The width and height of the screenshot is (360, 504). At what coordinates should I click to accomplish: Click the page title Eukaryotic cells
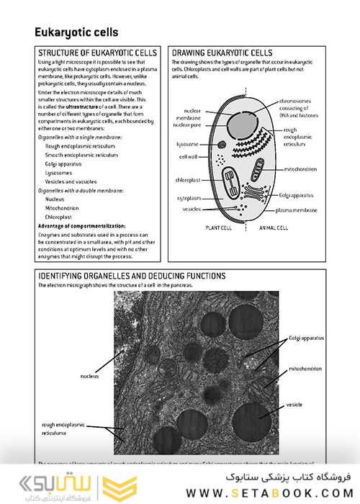76,32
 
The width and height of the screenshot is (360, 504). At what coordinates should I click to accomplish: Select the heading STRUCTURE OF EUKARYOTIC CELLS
96,53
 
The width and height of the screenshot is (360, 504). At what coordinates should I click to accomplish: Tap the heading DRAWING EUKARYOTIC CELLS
222,53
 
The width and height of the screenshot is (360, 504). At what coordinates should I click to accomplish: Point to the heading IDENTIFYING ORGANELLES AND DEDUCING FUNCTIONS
131,276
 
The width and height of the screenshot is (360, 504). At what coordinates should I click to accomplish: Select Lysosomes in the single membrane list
58,173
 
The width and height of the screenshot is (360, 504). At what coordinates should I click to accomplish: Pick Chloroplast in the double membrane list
58,216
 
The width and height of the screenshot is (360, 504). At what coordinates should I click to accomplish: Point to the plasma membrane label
296,210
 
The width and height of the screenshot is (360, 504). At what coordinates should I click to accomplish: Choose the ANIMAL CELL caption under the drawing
274,228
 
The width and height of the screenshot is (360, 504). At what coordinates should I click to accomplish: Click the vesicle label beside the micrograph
295,405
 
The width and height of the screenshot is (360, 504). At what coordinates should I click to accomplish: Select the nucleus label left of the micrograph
89,376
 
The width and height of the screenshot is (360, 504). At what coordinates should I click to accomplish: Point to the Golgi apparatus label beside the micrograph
307,338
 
